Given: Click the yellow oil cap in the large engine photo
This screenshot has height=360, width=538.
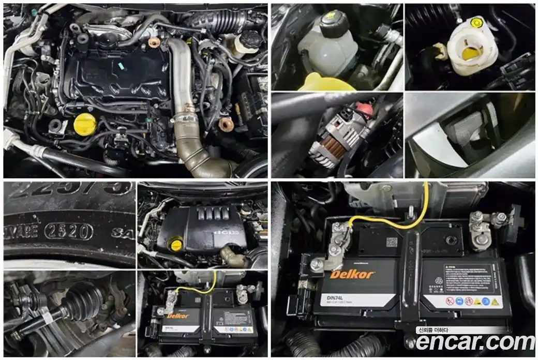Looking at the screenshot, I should (x=85, y=123).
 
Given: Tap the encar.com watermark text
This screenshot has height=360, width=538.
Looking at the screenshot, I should (x=475, y=342).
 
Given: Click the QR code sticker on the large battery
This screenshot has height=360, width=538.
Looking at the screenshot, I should (x=392, y=242).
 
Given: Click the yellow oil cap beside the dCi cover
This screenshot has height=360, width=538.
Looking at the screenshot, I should (x=176, y=244).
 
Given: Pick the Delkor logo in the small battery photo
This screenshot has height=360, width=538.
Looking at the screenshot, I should (x=178, y=316).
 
